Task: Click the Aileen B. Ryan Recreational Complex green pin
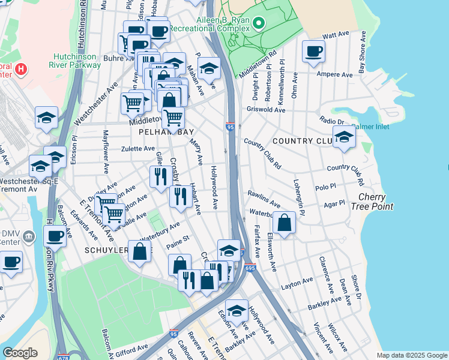click(259, 23)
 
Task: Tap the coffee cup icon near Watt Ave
click(313, 52)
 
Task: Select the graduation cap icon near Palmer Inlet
click(344, 137)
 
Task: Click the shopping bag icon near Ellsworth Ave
click(284, 223)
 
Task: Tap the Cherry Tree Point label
click(376, 202)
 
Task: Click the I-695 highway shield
click(250, 268)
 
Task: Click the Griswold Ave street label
click(266, 110)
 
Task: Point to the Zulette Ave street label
click(138, 148)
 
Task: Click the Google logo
click(20, 353)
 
